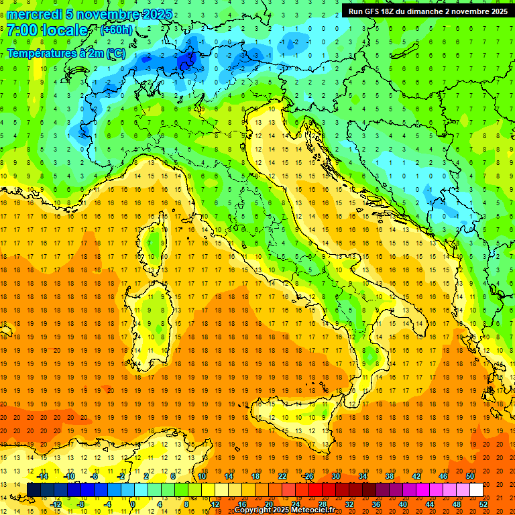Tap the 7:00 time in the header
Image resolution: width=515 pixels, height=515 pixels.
[21, 30]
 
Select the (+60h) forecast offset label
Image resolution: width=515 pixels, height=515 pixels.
[116, 30]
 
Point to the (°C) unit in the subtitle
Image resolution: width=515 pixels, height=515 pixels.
[115, 53]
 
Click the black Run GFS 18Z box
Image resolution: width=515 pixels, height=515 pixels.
[428, 11]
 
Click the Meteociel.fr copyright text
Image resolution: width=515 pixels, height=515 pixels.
[284, 510]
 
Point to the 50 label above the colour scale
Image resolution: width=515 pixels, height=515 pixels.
[470, 476]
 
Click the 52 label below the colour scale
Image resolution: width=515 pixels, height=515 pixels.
[483, 504]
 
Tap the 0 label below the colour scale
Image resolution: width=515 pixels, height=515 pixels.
[134, 504]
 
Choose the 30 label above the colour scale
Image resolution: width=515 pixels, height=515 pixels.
[336, 476]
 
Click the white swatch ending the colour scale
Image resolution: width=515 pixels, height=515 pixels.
[476, 490]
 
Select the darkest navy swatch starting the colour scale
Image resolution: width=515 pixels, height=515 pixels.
[34, 490]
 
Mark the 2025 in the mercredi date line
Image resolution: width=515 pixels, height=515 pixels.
[156, 14]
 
